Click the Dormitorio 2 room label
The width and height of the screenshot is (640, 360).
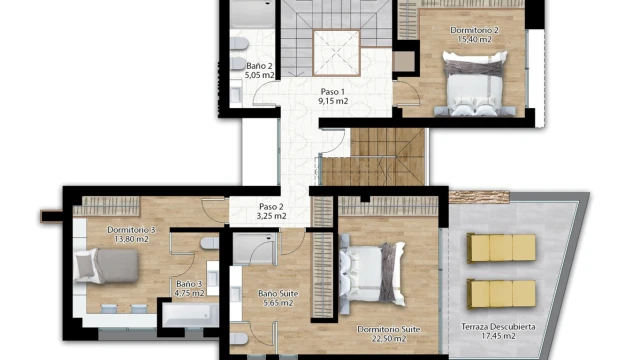[474, 30]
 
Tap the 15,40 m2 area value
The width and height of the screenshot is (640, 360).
[474, 40]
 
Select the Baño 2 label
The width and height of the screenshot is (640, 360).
[259, 66]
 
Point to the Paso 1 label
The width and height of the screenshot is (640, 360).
[333, 92]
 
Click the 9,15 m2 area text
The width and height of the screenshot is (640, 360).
[333, 101]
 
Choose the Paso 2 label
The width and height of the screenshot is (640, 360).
[271, 207]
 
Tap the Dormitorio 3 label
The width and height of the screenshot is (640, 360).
[131, 230]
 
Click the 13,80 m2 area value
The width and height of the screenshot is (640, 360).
[131, 239]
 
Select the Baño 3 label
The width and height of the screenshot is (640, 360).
[189, 284]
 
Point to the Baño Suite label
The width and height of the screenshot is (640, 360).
[278, 293]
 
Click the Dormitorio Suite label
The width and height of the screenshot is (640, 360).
[389, 329]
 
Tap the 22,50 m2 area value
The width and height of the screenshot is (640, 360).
[389, 338]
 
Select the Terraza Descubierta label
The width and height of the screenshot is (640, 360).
[498, 327]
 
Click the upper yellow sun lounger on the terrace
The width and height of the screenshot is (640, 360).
[501, 248]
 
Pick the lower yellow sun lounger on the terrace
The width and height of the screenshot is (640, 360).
[501, 293]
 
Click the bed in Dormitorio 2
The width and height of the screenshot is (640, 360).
[474, 84]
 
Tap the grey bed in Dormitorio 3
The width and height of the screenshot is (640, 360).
[107, 266]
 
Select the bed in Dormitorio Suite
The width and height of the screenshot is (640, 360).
[372, 273]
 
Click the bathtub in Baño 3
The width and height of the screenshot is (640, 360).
[191, 315]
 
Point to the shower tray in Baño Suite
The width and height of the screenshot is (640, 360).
[254, 249]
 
